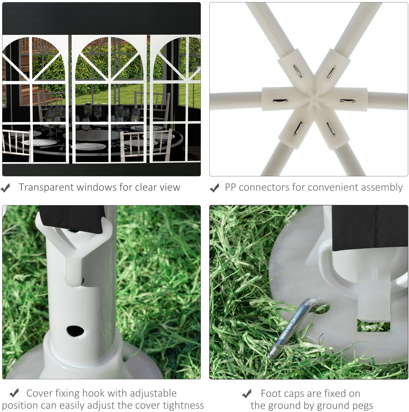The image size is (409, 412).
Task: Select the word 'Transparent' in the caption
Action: [x=46, y=187]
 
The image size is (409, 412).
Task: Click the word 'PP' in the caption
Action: [x=230, y=187]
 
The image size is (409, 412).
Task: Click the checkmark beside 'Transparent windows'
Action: [x=5, y=188]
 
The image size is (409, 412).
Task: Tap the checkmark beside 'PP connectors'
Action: [x=214, y=188]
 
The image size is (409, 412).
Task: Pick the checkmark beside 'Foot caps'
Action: [x=247, y=394]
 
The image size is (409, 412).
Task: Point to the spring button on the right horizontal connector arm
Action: [x=347, y=101]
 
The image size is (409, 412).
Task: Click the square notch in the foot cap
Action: [x=374, y=325]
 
